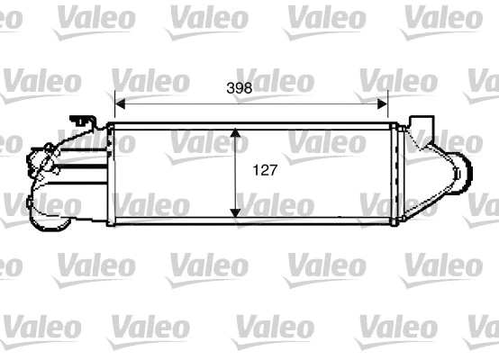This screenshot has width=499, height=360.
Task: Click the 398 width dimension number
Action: point(238,88)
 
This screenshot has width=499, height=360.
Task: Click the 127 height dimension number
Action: point(264,168)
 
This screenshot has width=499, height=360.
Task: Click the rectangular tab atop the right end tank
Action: point(420,121)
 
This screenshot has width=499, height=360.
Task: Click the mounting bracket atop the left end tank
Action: point(84,121)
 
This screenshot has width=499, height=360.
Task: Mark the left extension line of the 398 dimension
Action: point(113,106)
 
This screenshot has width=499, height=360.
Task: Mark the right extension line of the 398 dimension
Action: point(388,106)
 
